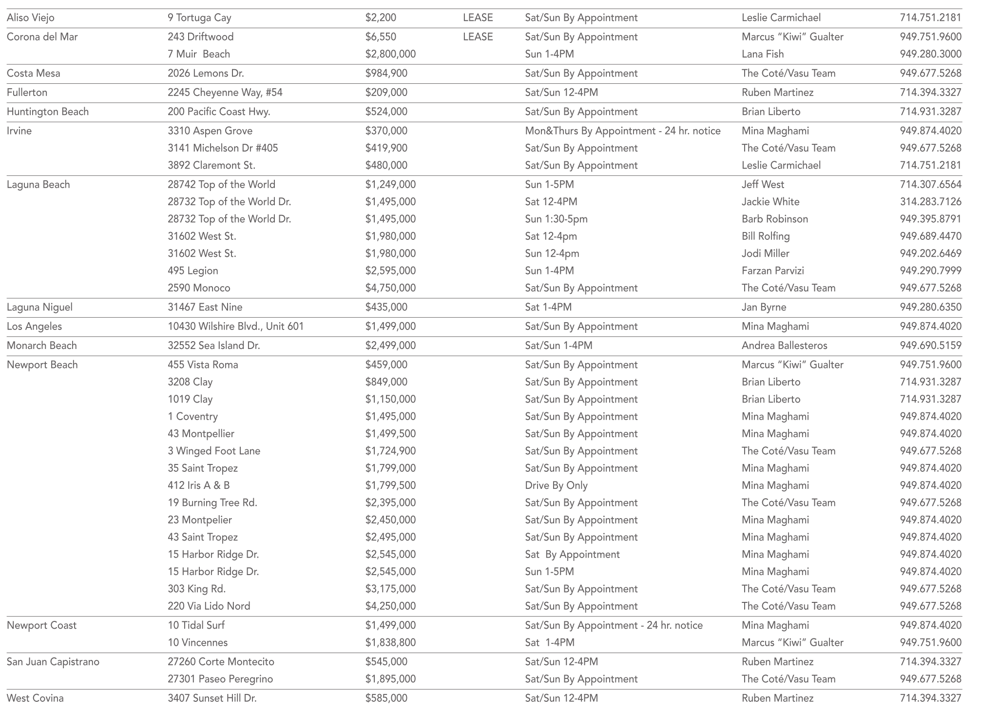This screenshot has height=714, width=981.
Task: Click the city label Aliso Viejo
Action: (31, 18)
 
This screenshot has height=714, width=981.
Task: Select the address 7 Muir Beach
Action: (199, 54)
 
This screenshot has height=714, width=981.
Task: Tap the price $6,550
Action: (381, 37)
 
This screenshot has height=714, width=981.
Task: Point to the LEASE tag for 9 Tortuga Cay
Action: (478, 18)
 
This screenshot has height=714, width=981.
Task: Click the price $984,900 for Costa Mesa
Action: (386, 74)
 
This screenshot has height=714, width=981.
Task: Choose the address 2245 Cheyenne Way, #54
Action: (225, 93)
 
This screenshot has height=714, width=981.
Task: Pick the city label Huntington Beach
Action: (48, 112)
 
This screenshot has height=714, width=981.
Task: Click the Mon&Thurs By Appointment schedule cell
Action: (622, 131)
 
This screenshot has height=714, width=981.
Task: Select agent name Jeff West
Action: (763, 185)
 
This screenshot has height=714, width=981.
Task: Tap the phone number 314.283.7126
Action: (930, 202)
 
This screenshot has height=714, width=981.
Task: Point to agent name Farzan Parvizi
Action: (772, 271)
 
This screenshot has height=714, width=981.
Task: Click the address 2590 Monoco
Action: (199, 288)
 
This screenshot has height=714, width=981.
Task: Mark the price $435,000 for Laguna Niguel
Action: (386, 308)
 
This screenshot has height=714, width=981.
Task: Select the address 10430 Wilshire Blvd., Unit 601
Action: (236, 327)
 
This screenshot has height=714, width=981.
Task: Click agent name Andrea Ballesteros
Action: (784, 346)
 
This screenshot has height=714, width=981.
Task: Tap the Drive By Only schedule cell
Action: (556, 485)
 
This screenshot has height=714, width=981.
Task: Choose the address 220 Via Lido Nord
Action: (209, 606)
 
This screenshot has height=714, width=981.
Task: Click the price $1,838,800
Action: (390, 643)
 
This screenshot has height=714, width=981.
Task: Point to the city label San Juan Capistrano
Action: (53, 662)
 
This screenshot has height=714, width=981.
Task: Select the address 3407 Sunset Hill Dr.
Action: (212, 698)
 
